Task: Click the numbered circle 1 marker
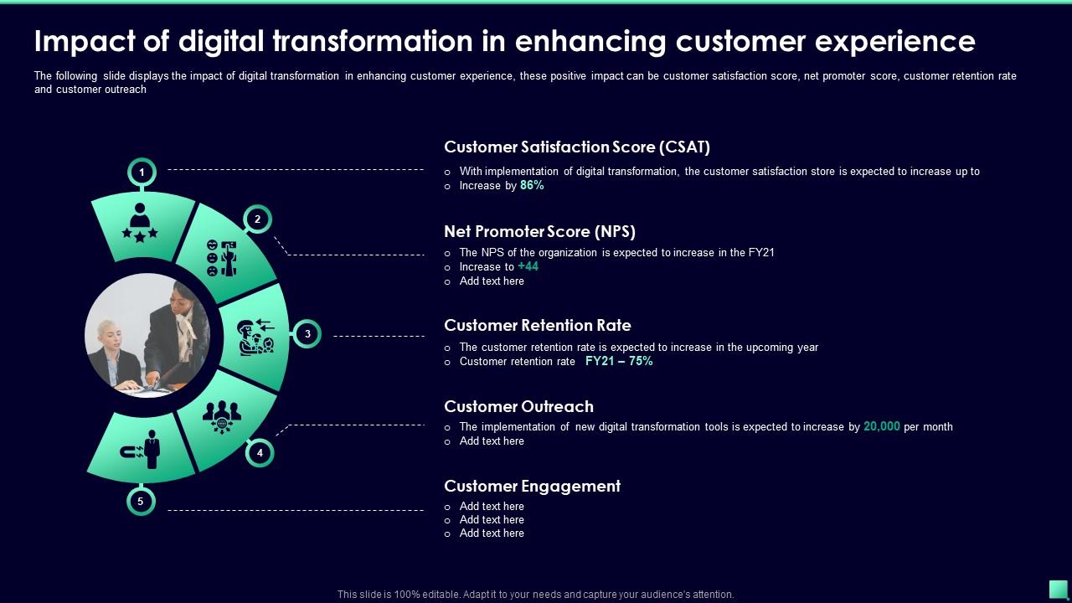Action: click(x=142, y=173)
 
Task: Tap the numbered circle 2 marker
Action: click(x=258, y=219)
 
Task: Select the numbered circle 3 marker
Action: click(x=307, y=334)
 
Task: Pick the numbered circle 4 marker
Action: click(x=260, y=452)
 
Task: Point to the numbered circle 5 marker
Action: click(x=141, y=502)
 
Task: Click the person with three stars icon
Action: click(x=140, y=222)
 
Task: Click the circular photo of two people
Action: click(x=147, y=335)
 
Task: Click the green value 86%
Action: click(x=532, y=186)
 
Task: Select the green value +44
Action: click(x=528, y=266)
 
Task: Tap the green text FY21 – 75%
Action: click(x=619, y=362)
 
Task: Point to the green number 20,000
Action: click(x=882, y=427)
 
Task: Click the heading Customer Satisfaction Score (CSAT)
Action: click(x=577, y=147)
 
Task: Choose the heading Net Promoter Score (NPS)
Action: click(x=539, y=232)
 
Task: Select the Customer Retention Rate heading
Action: click(x=538, y=326)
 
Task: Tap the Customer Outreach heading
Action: click(x=518, y=407)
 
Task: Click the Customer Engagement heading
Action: click(x=532, y=487)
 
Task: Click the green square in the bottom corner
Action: click(x=1058, y=589)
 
